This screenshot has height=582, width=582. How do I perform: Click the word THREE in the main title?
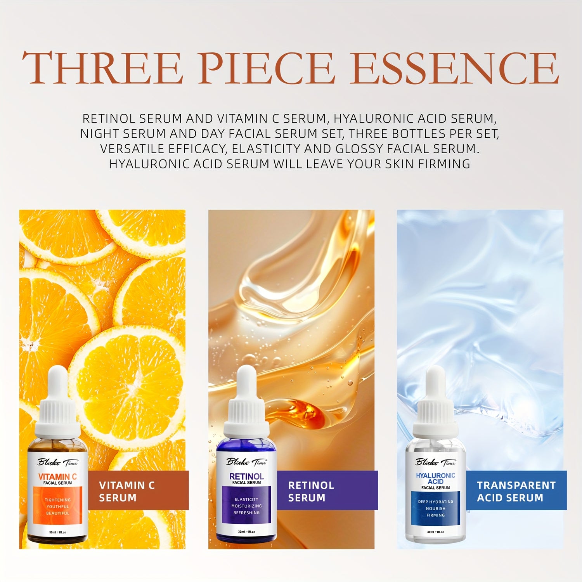point(102,68)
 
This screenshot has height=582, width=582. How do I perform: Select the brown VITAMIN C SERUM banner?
point(139,490)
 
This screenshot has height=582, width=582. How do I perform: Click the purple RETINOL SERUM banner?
point(327,490)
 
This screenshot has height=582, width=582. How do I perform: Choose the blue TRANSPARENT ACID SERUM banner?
point(516,490)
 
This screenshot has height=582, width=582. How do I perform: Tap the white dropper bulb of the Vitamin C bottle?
point(58,383)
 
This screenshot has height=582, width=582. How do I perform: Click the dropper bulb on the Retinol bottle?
point(246,383)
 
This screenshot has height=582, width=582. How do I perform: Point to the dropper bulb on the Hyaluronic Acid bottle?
point(435,383)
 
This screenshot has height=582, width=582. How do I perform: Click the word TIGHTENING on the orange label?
point(57,500)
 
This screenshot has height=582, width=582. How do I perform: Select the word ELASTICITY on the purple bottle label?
point(246,499)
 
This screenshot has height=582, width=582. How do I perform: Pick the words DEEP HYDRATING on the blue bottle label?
point(435,502)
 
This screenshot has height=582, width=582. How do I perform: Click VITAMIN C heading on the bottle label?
point(57,476)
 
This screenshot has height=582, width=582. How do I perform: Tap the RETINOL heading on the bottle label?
point(246,476)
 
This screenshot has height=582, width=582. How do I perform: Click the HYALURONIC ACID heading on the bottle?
point(435,478)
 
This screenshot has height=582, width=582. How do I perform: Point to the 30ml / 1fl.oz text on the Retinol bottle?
point(246,532)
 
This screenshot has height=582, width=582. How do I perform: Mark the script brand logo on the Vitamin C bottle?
point(57,462)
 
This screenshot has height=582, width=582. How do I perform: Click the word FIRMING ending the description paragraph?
point(444,164)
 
